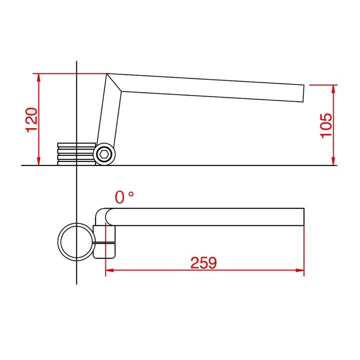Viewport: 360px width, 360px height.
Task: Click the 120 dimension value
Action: tap(31, 120)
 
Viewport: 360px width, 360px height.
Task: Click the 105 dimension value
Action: tap(326, 125)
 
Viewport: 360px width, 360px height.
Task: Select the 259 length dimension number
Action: tap(203, 263)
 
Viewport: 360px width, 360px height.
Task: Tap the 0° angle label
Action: tap(124, 197)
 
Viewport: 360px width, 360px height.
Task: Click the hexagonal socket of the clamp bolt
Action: tap(104, 154)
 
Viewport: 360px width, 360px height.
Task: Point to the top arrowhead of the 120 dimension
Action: tap(38, 78)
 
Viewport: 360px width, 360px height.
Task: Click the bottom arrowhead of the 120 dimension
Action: tap(38, 161)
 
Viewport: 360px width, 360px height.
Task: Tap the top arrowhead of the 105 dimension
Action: tap(333, 89)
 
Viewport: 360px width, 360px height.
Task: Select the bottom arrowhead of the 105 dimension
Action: tap(333, 161)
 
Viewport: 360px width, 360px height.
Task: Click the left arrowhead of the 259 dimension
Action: tap(109, 270)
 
